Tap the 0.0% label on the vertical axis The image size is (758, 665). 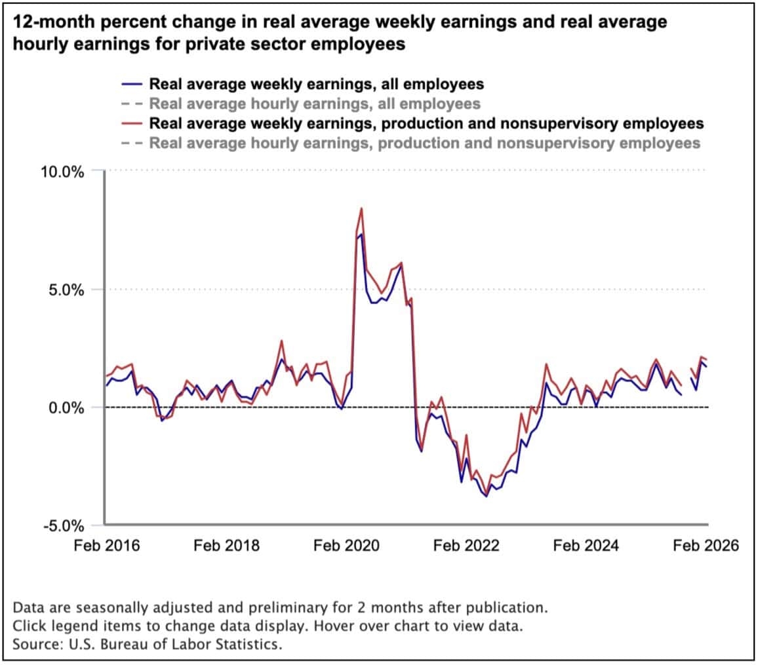coord(67,408)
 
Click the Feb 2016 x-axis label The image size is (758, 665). coord(107,546)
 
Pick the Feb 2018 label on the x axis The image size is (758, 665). coord(227,546)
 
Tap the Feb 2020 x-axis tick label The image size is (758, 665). coord(347,546)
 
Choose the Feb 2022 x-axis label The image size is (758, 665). coord(467,546)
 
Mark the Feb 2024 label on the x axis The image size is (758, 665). coord(586,546)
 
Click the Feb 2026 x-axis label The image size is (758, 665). coord(706,546)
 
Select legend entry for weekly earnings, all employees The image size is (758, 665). coord(316,84)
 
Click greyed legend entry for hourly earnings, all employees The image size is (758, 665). coord(315,104)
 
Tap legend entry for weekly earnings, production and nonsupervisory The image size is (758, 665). coord(426,123)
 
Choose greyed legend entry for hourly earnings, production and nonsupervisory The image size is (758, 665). coord(424,143)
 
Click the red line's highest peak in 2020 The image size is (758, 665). coord(361,208)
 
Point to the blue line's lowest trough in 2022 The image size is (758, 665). coord(486,496)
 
